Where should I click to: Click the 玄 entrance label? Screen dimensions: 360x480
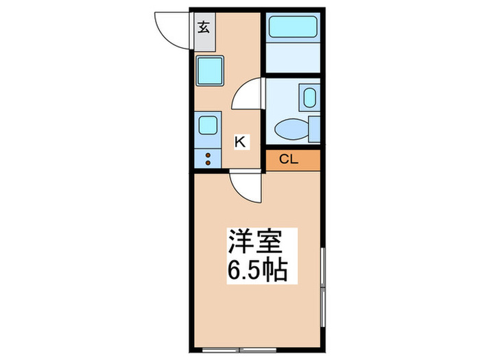pos(204,29)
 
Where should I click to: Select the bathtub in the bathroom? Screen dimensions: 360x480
pos(292,27)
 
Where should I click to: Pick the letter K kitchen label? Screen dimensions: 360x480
pos(241,141)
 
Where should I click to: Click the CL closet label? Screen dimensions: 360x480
pos(289,160)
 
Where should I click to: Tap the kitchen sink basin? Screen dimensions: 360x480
pos(207,125)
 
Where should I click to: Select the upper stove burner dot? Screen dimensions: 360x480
pos(207,154)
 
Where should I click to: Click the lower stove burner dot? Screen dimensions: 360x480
pos(207,163)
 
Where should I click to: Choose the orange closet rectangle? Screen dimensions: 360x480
pos(293,160)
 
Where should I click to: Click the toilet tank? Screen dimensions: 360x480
pos(314,128)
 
